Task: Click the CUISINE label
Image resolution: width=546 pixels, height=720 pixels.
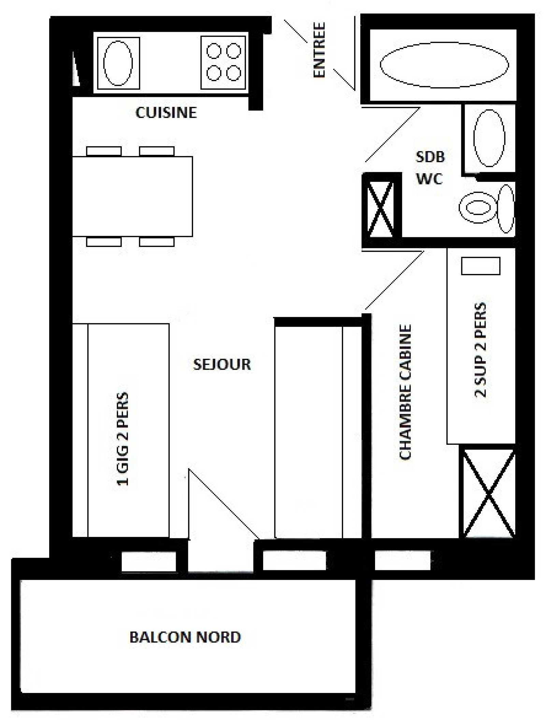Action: point(166,113)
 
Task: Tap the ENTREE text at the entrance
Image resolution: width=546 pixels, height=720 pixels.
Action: point(319,50)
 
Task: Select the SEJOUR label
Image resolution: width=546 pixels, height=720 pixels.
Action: point(222,364)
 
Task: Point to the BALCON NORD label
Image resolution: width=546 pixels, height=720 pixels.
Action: point(185,637)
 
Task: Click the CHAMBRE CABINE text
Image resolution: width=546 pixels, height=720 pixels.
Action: point(405,392)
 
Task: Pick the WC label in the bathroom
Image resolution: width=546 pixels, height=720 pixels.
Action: point(429,179)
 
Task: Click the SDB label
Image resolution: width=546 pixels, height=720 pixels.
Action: point(430,157)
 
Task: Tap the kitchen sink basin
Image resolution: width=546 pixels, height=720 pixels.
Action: point(118,63)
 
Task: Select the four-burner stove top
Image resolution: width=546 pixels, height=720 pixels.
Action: point(224,62)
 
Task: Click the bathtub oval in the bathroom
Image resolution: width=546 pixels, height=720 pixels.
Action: point(444,64)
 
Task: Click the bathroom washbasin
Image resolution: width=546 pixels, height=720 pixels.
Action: point(489,138)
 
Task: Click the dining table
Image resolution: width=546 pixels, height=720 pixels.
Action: point(132,196)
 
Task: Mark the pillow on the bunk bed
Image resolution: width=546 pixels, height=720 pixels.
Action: point(480,266)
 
